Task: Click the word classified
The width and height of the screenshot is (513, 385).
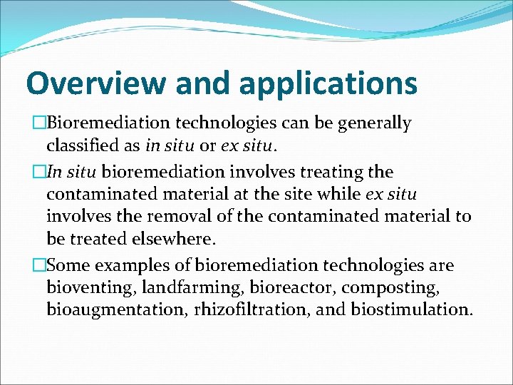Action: click(x=92, y=146)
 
